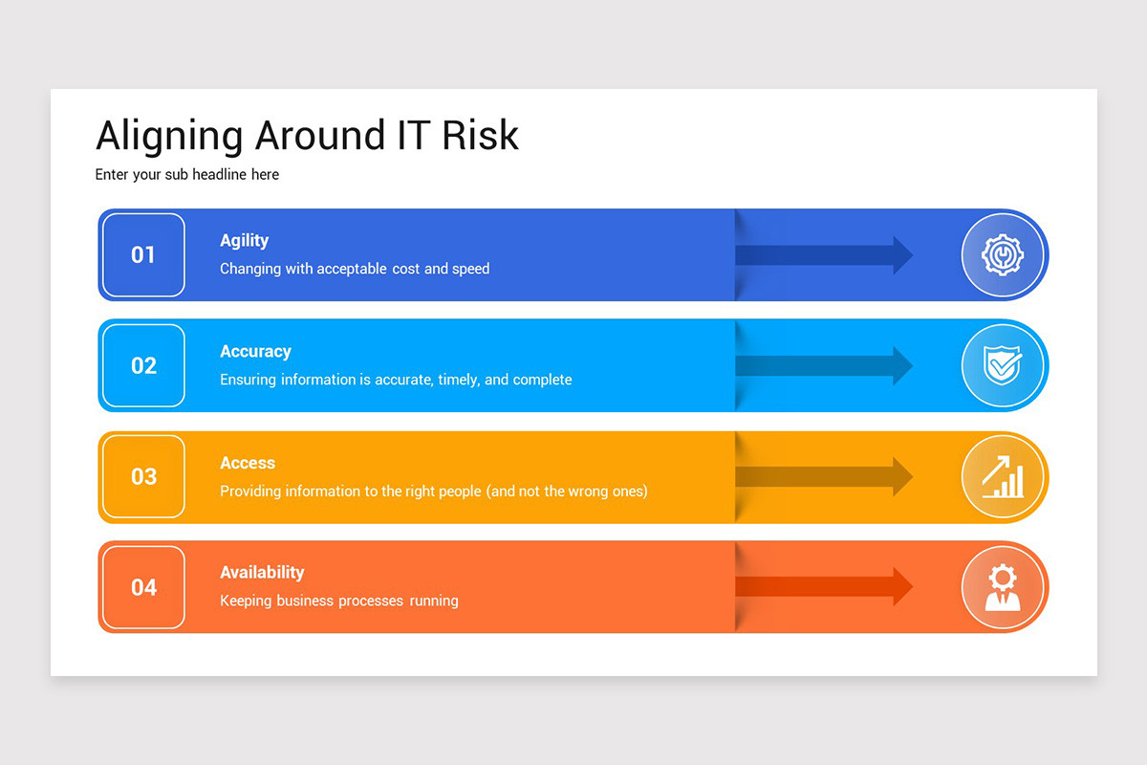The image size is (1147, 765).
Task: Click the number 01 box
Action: tap(143, 254)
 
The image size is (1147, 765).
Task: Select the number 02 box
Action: tap(143, 365)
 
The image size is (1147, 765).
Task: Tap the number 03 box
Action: tap(143, 476)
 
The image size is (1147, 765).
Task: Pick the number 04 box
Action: tap(143, 587)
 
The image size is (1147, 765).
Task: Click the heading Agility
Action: tap(244, 241)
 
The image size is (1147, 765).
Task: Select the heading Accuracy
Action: tap(255, 352)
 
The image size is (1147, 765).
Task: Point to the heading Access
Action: tap(248, 463)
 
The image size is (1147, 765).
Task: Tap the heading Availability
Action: tap(262, 573)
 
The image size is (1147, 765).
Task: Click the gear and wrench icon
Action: tap(1003, 255)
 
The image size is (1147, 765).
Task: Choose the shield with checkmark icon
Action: tap(1003, 365)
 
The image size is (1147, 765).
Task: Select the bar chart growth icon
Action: tap(1003, 476)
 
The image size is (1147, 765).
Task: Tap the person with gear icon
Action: tap(1003, 587)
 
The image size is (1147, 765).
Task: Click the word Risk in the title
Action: tap(480, 136)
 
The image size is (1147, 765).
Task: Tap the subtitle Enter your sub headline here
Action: tap(187, 175)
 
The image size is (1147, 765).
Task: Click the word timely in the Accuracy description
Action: tap(458, 380)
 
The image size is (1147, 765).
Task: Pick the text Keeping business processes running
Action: tap(339, 601)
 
